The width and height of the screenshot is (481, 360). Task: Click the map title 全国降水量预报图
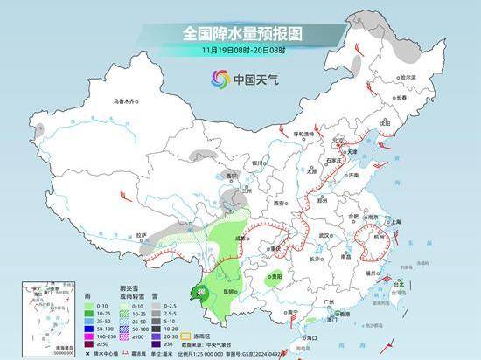[240, 32]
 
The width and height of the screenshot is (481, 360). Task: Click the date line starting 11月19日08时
[240, 51]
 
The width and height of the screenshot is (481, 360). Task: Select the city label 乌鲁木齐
[126, 101]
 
